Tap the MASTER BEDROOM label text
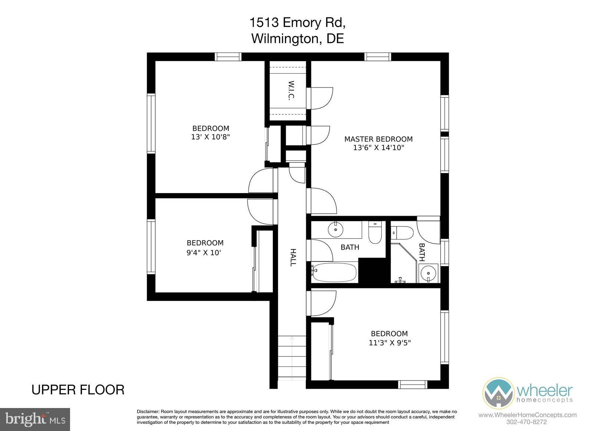point(378,139)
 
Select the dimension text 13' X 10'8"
point(211,137)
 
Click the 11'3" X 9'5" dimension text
point(390,343)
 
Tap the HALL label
point(293,257)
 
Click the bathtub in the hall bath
point(335,272)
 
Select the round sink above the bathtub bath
point(335,229)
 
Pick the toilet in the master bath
point(402,233)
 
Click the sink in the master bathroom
point(428,273)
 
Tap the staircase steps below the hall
point(292,358)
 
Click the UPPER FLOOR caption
point(78,390)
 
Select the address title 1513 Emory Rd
point(298,23)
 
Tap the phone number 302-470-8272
point(526,422)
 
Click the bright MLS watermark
point(35,420)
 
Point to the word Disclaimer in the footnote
point(148,412)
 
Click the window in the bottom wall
point(413,384)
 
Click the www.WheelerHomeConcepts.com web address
point(527,415)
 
